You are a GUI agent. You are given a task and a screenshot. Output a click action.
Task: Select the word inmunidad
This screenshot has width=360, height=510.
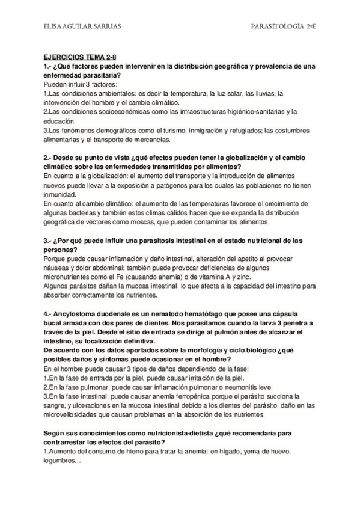[x=60, y=195]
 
